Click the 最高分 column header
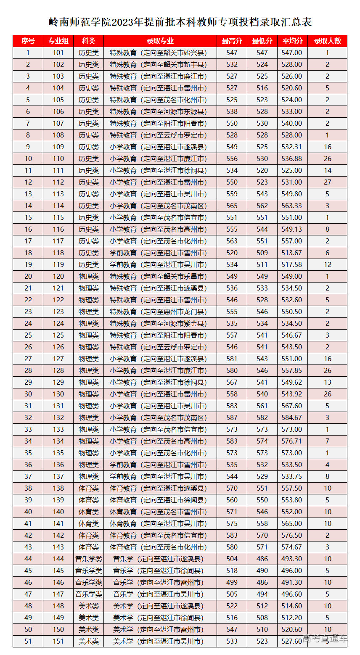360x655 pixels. (x=232, y=41)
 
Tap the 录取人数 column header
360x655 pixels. (x=328, y=41)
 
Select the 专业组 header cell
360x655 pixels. (x=58, y=41)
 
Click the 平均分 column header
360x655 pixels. (x=292, y=41)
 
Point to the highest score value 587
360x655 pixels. (x=232, y=417)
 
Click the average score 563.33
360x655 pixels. (x=292, y=206)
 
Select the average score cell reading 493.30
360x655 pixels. (x=292, y=559)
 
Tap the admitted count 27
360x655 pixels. (x=328, y=182)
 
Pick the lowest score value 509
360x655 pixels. (x=262, y=253)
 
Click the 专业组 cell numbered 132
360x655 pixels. (x=58, y=417)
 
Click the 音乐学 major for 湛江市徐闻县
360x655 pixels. (x=159, y=570)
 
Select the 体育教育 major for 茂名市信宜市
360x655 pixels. (x=159, y=535)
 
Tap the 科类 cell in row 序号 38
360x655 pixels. (x=89, y=488)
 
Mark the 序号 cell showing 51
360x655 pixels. (x=28, y=641)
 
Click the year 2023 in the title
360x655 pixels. (x=126, y=22)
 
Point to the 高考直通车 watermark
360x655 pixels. (x=325, y=638)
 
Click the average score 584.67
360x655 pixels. (x=292, y=417)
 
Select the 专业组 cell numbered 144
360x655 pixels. (x=58, y=559)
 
